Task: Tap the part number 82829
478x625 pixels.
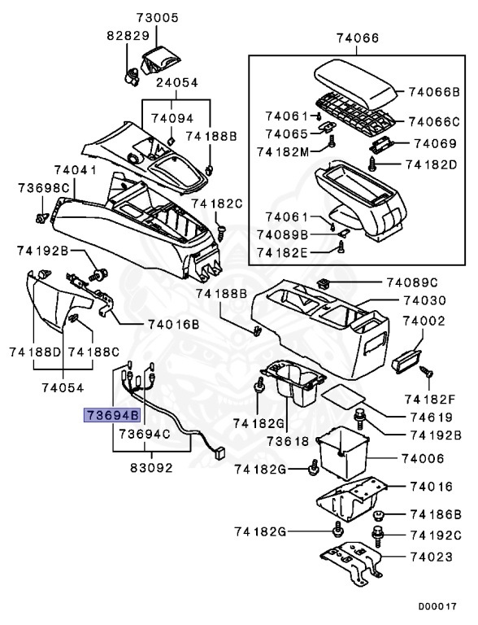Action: point(126,37)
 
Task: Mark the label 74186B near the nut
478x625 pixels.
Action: point(435,514)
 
